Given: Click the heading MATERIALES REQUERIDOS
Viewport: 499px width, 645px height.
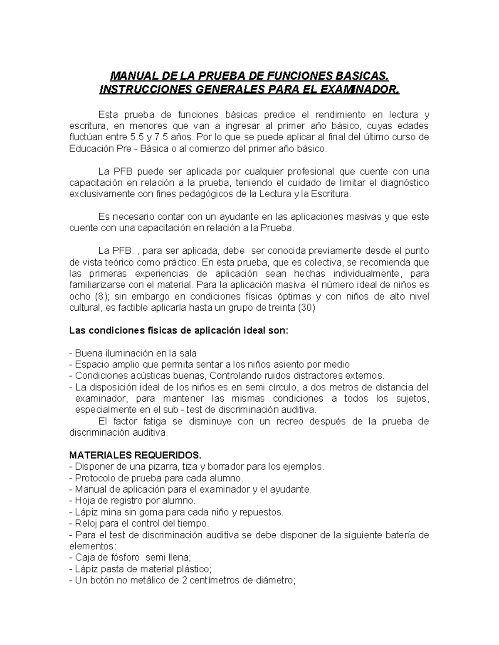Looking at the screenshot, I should (135, 455).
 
